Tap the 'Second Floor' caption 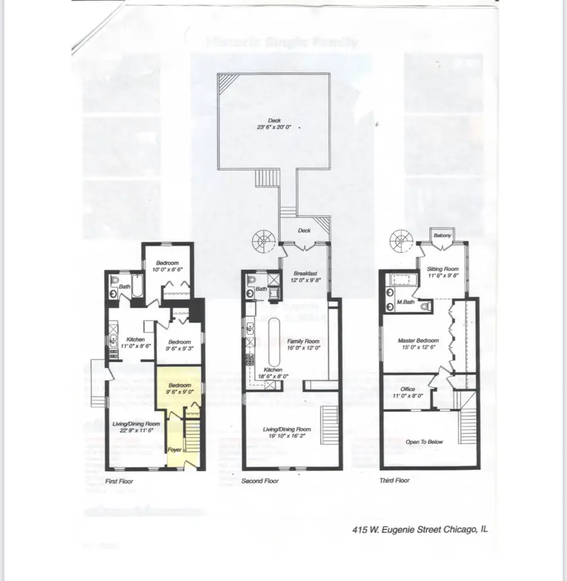coord(261,481)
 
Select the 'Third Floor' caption coord(395,480)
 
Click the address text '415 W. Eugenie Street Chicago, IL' coord(420,530)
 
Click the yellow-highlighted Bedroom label coord(178,385)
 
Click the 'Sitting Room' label coord(443,269)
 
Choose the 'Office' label coord(408,389)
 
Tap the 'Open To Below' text coord(424,442)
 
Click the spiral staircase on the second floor coord(260,239)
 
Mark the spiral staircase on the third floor coord(398,239)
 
